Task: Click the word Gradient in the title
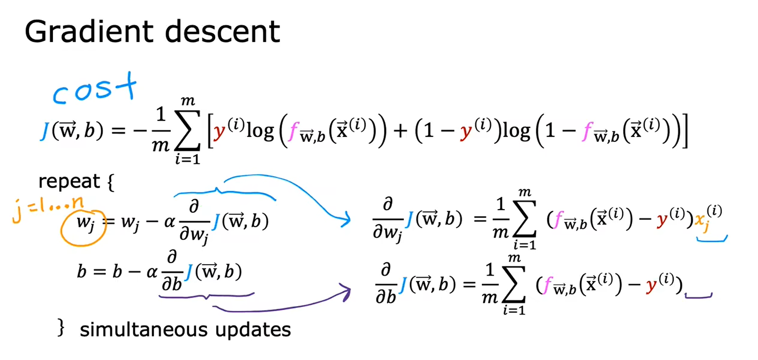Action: [x=89, y=32]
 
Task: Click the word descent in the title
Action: [x=223, y=31]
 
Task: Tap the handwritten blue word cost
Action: [x=95, y=88]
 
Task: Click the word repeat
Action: [x=69, y=182]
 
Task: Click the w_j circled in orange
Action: [x=85, y=223]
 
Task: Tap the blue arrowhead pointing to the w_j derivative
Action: [x=346, y=220]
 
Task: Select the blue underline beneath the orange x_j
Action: [x=712, y=240]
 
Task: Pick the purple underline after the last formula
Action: [x=699, y=296]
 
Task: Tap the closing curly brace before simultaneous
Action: [x=61, y=328]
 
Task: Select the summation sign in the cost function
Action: [x=187, y=130]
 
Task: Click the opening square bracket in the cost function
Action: [x=210, y=131]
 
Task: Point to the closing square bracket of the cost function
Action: [x=684, y=131]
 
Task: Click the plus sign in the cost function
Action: [x=400, y=131]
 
